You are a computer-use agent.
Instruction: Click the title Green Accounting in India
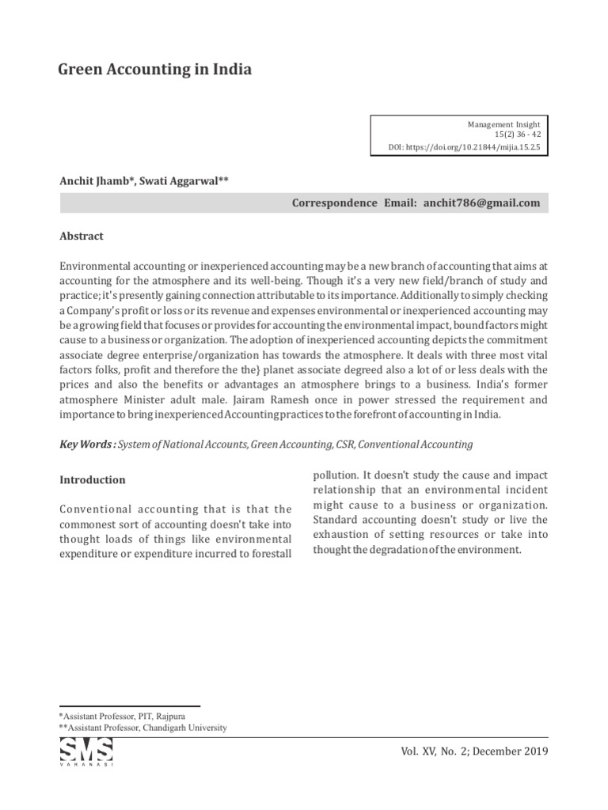155,70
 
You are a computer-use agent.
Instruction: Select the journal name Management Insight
504,125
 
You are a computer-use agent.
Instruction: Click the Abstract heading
82,236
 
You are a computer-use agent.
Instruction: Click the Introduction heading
93,480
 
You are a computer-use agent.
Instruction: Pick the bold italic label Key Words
87,445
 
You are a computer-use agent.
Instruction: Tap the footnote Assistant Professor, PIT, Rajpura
123,716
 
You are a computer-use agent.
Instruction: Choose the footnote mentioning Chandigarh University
142,728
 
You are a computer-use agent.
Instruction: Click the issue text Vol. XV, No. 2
451,751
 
